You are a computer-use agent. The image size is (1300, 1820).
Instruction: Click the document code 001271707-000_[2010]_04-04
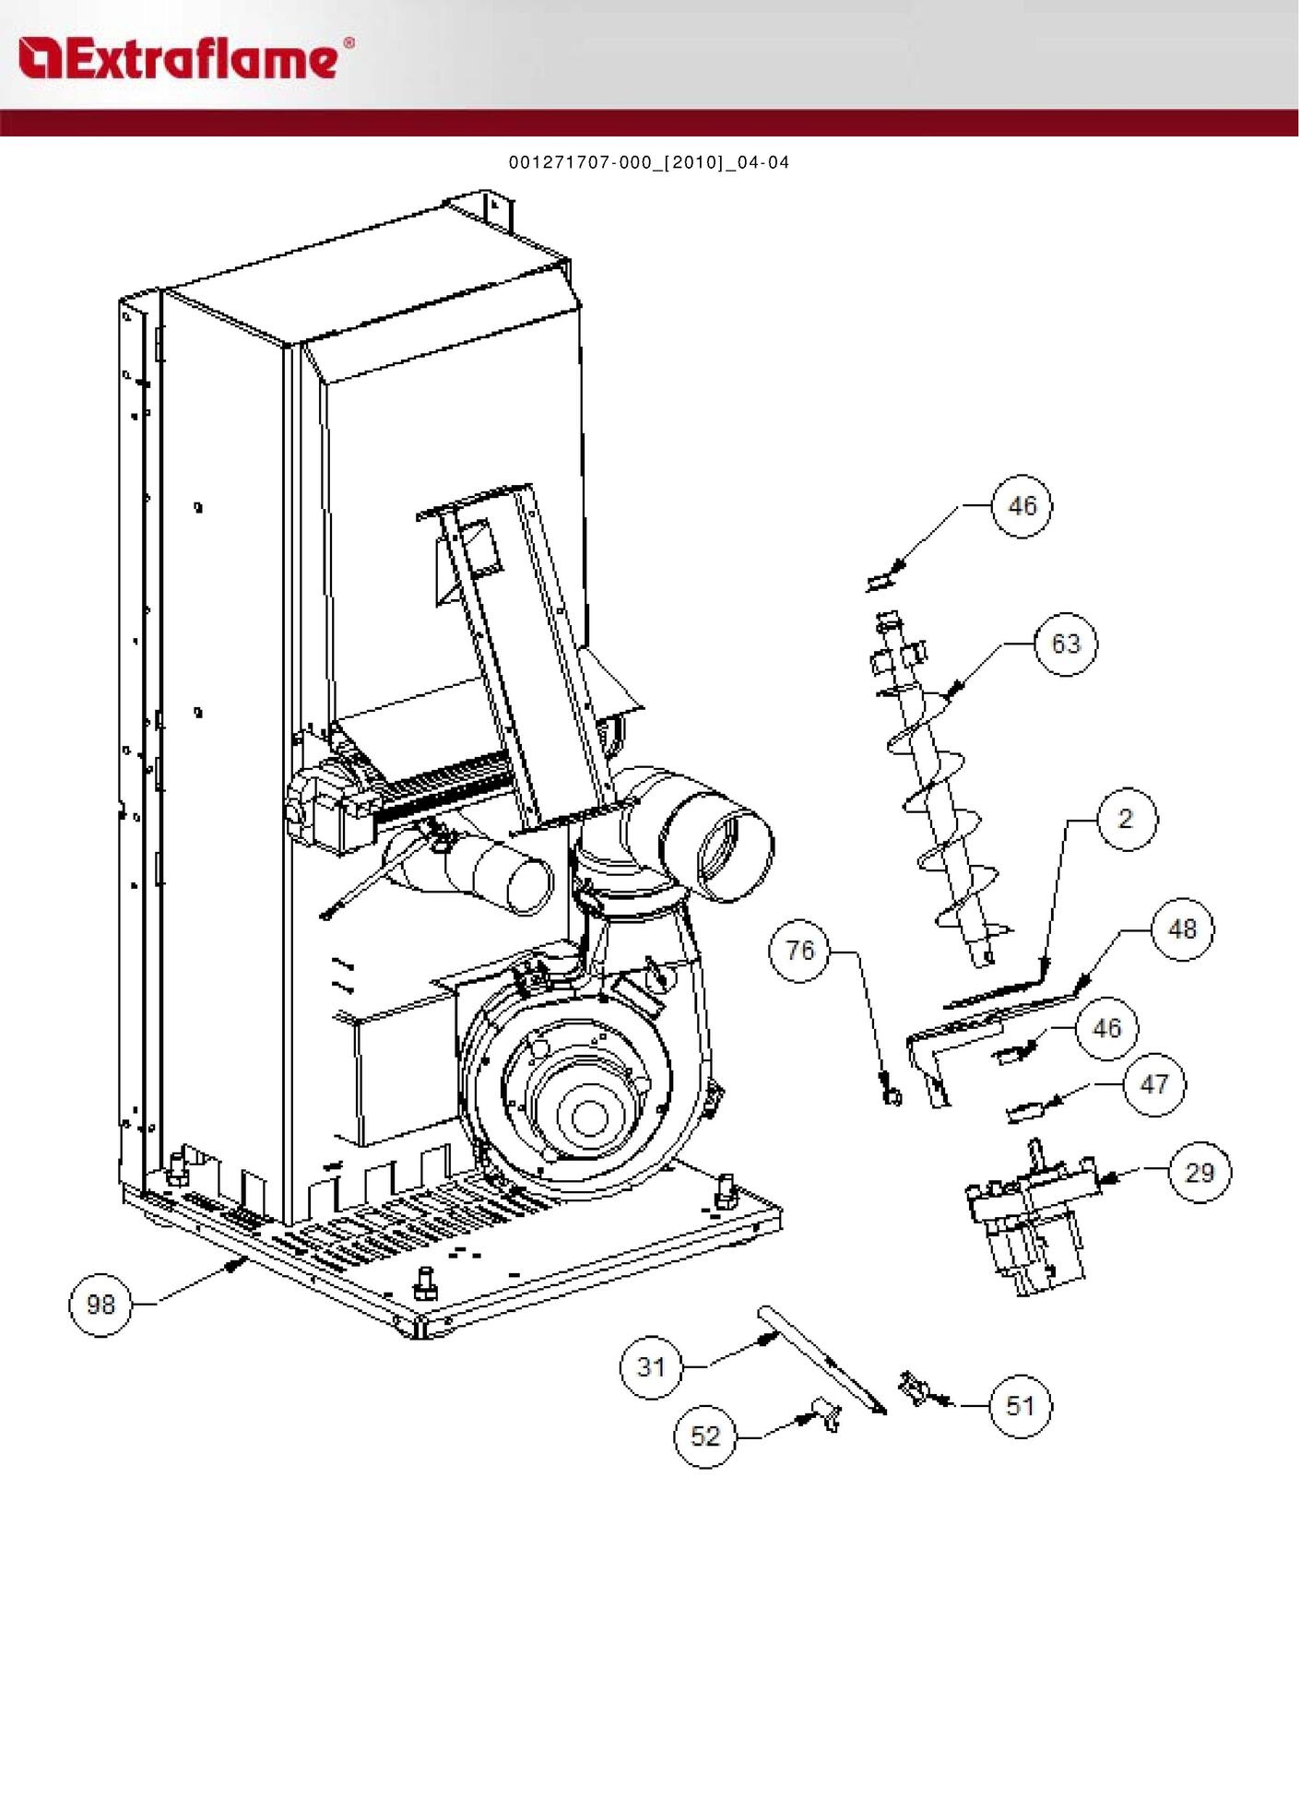coord(649,162)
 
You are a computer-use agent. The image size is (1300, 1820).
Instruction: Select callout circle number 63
coord(1066,644)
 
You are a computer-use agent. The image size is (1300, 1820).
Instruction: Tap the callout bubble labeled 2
coord(1125,819)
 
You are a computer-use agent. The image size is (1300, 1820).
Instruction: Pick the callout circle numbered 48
coord(1182,929)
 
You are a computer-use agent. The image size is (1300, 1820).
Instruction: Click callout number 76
coord(799,951)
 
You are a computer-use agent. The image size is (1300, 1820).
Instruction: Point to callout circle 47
coord(1154,1084)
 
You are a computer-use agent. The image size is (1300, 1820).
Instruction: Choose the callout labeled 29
coord(1200,1172)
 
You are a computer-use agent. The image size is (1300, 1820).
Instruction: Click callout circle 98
coord(100,1304)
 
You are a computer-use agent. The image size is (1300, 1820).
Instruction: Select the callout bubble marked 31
coord(651,1366)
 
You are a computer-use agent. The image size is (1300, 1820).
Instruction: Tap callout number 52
coord(705,1436)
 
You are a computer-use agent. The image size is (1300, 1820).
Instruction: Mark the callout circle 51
coord(1020,1406)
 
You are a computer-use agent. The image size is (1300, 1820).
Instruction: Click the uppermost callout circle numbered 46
coord(1022,505)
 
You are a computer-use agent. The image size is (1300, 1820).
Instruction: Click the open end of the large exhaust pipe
coord(736,850)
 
